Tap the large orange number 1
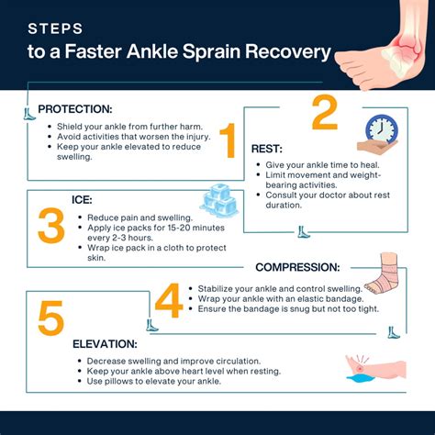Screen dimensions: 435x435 pyautogui.click(x=228, y=142)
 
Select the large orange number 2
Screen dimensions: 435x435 pyautogui.click(x=324, y=115)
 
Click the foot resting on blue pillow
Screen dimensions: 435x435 pyautogui.click(x=374, y=372)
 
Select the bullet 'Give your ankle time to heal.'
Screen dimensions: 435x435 pyautogui.click(x=316, y=163)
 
